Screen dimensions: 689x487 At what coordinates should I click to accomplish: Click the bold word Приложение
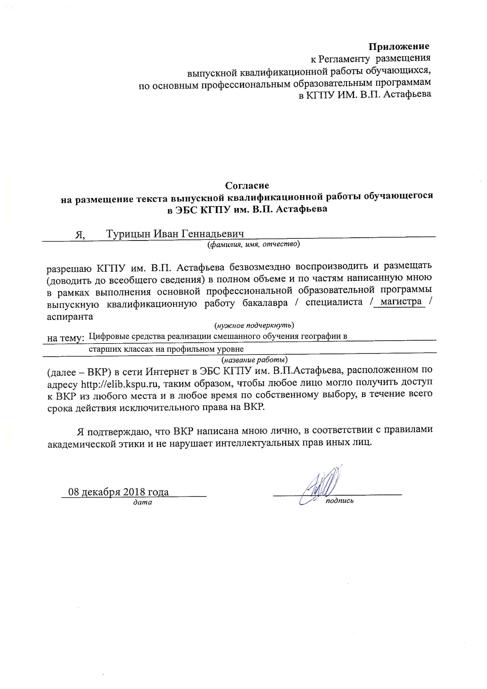coord(399,47)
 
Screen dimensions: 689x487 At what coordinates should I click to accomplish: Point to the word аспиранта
coord(70,316)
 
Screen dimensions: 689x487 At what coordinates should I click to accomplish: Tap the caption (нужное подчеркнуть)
coord(254,325)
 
